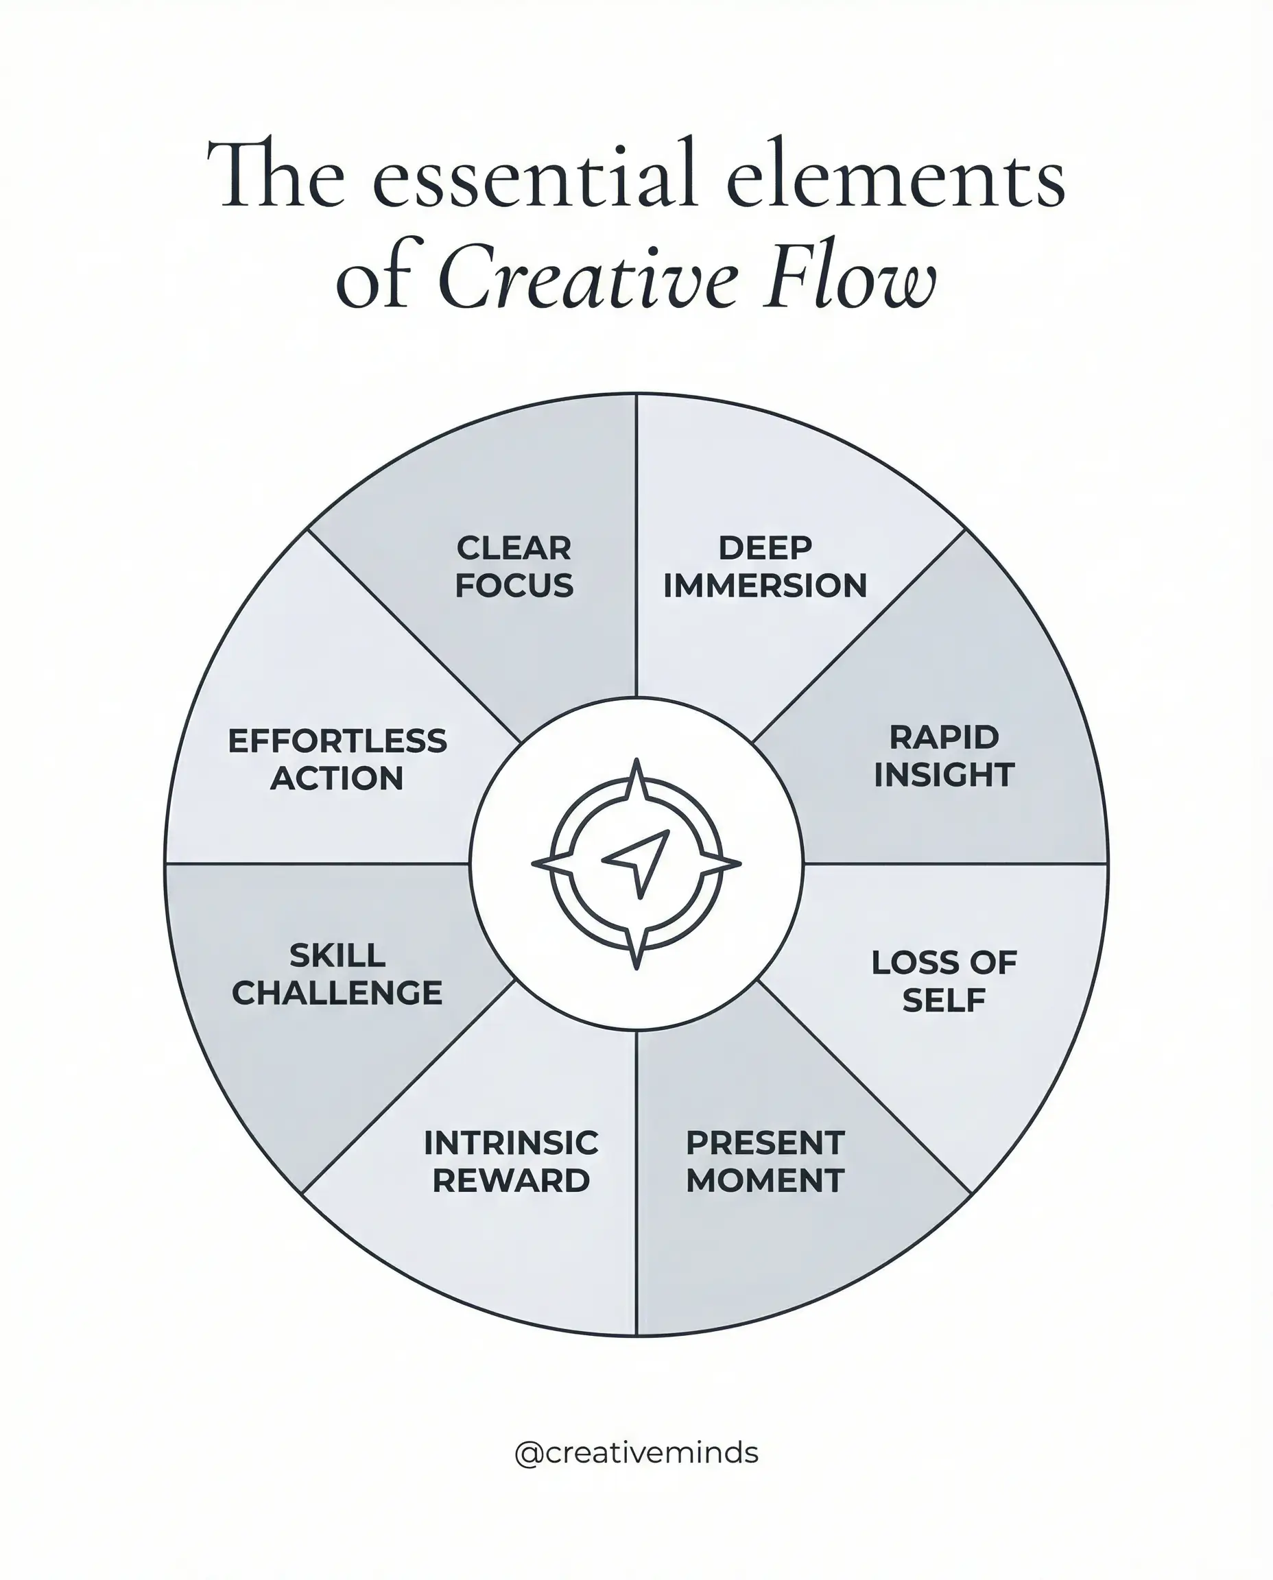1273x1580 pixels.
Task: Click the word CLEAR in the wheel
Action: pos(513,549)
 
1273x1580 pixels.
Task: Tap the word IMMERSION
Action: pos(765,586)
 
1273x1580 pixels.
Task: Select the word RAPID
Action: pos(944,738)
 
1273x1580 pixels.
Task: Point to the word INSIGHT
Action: pos(944,775)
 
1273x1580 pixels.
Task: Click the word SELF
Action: pos(944,1000)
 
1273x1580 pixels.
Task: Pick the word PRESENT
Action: pos(765,1143)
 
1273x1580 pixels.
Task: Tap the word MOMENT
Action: pos(765,1180)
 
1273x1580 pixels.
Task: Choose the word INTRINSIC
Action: pos(511,1143)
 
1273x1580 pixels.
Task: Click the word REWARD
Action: pos(511,1180)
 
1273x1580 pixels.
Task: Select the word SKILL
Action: pos(337,955)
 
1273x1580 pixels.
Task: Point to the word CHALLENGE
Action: pos(337,993)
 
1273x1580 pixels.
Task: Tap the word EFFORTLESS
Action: pos(337,741)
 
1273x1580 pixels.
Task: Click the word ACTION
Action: pos(337,778)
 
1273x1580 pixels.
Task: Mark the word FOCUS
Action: pos(513,586)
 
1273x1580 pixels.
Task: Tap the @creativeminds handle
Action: pos(636,1452)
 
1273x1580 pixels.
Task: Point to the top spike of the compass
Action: pos(636,777)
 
